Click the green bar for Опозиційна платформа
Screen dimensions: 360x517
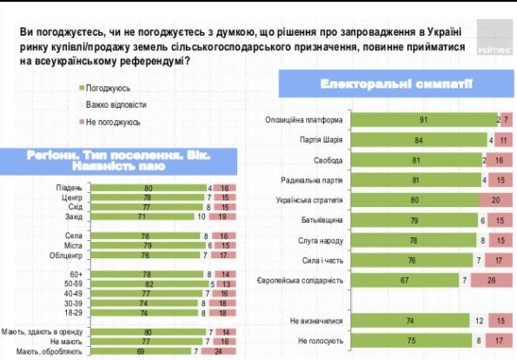point(423,119)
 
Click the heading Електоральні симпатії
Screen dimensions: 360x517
point(372,85)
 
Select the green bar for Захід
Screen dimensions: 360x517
point(133,216)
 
